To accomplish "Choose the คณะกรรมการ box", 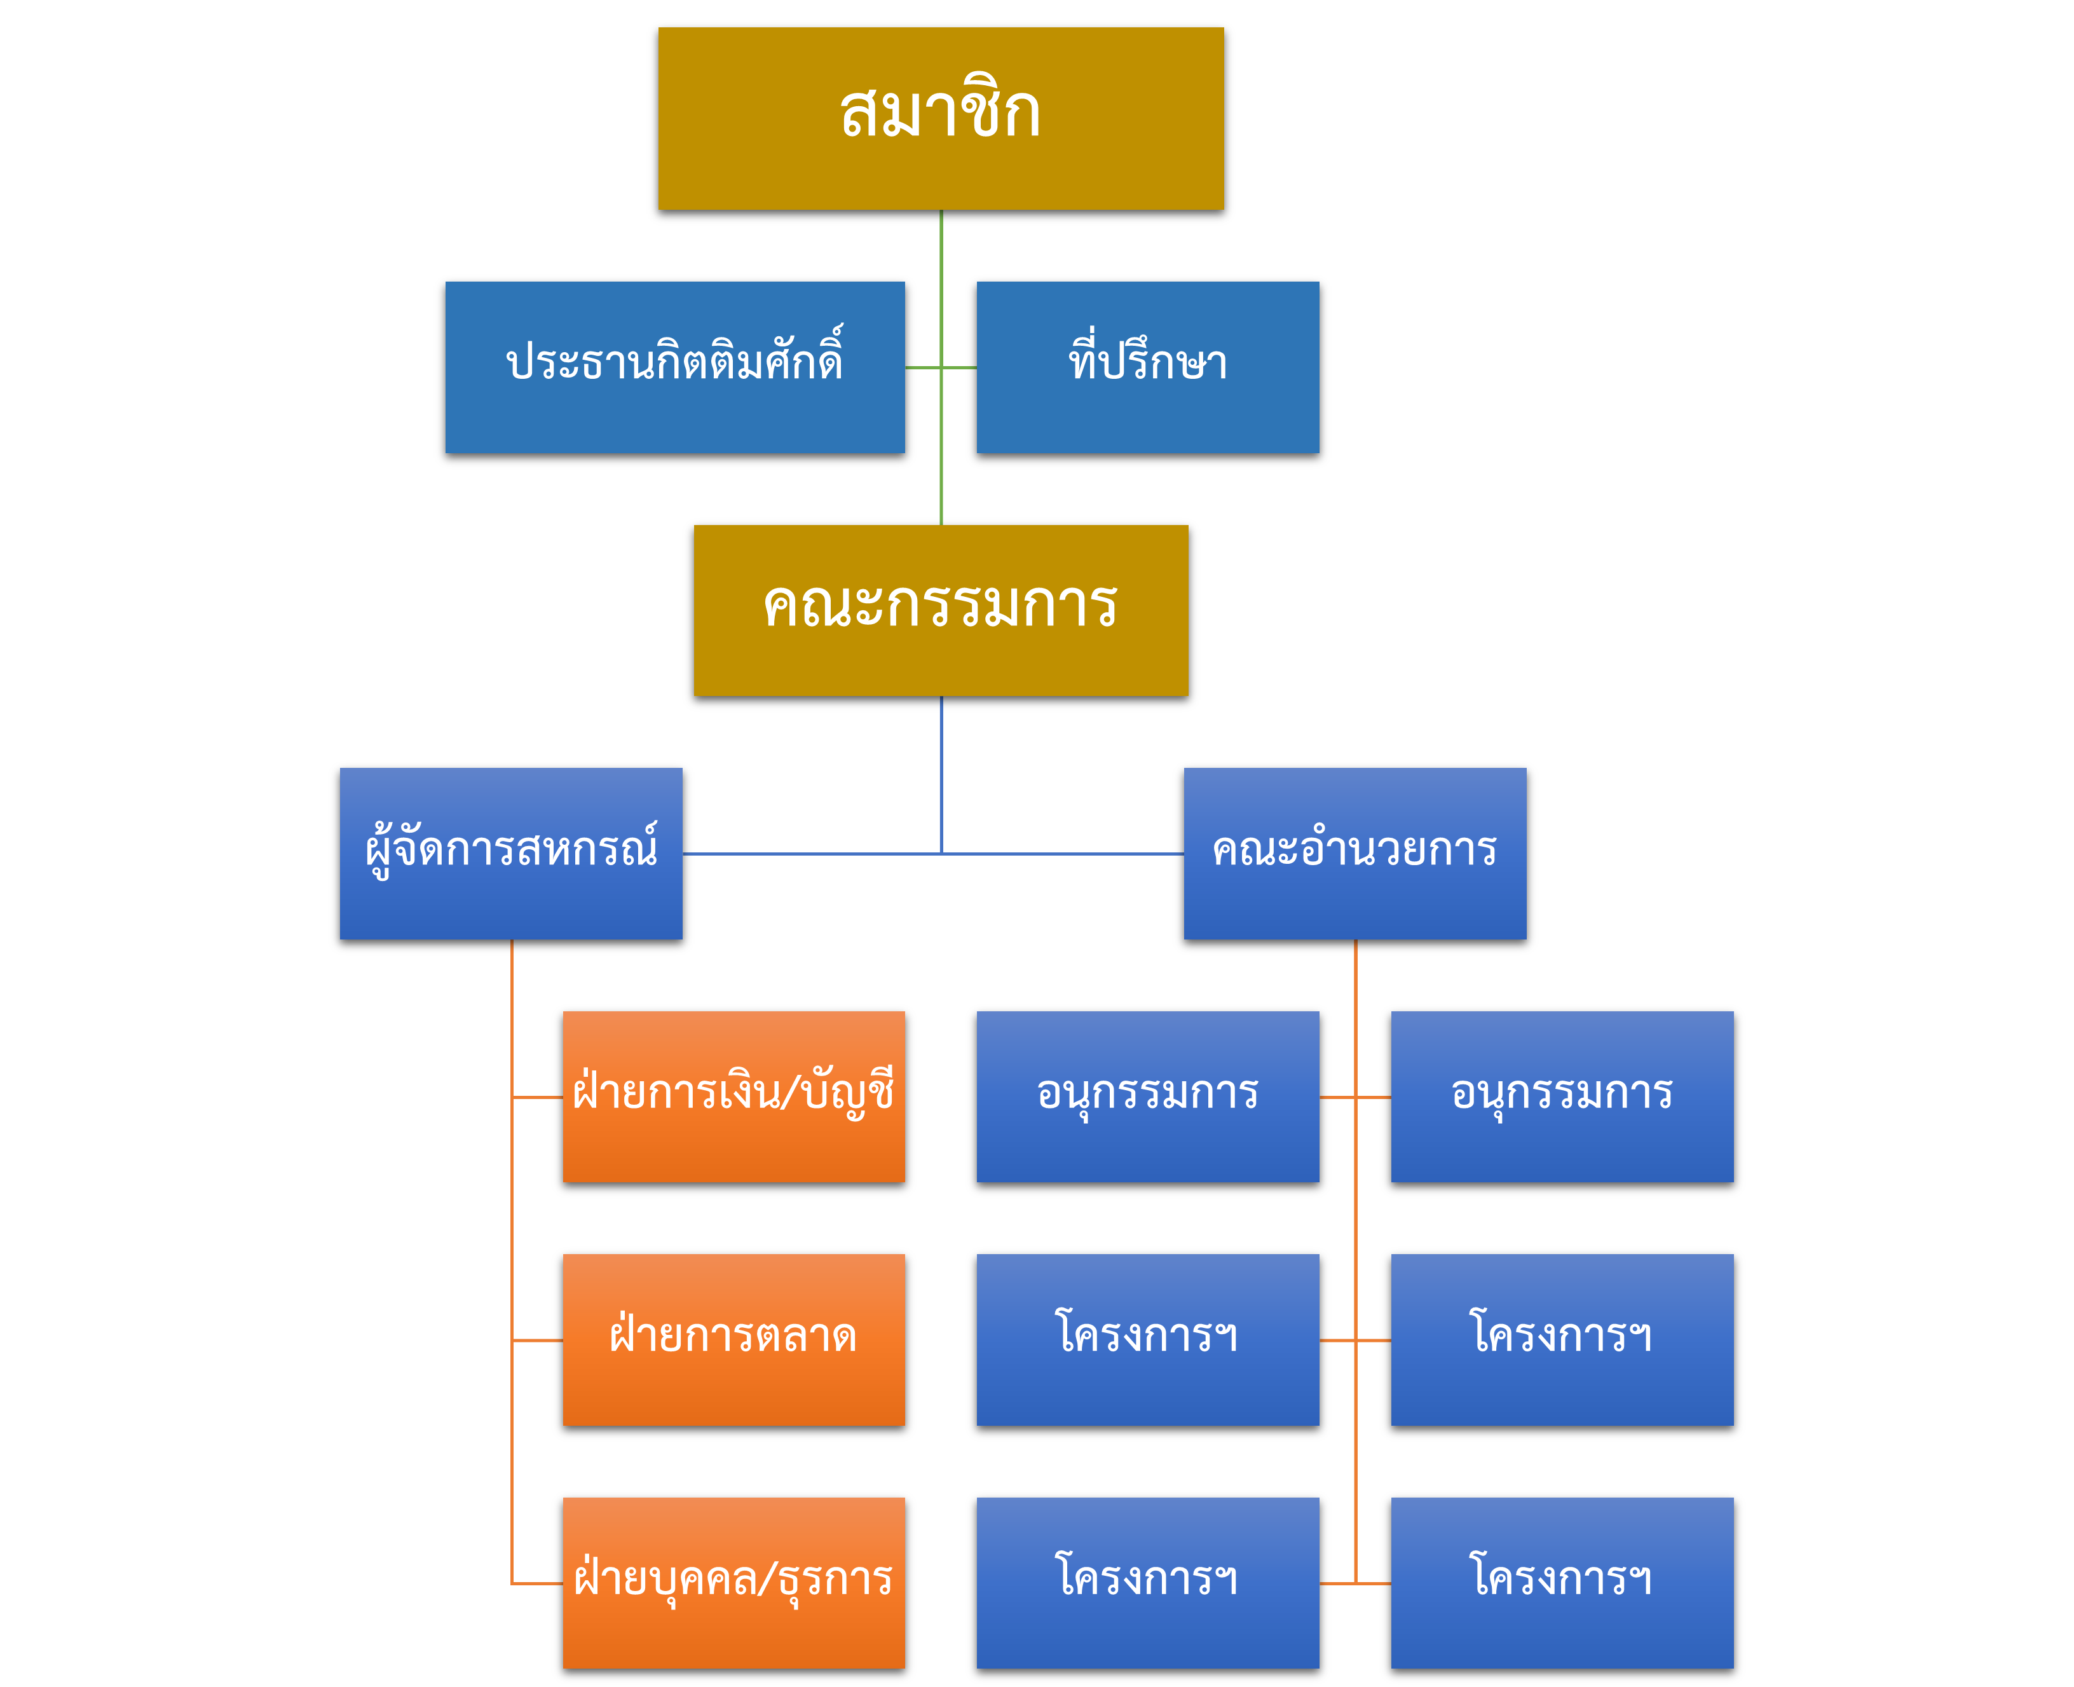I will click(x=940, y=610).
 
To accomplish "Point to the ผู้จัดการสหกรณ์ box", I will click(x=510, y=852).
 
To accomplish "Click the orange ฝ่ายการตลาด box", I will click(x=733, y=1339).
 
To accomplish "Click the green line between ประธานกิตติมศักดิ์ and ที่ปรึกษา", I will click(x=940, y=367).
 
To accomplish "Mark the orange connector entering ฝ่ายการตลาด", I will click(x=536, y=1340).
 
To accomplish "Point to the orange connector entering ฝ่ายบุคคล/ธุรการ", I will click(x=536, y=1583).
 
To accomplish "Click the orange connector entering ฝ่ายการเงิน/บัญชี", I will click(x=536, y=1097).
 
